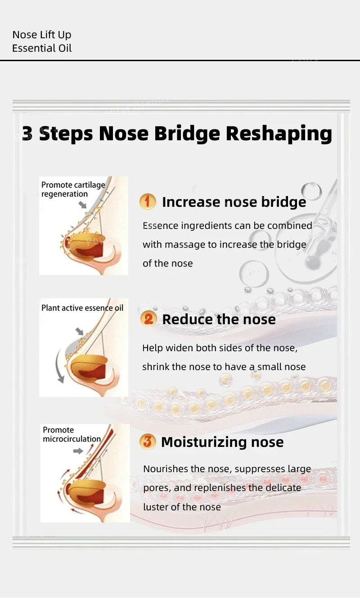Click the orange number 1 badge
click(x=148, y=201)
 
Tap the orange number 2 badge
click(x=148, y=319)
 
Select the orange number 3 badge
click(x=147, y=442)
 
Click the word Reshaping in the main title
click(x=279, y=134)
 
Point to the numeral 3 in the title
click(x=27, y=134)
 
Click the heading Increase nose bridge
click(x=234, y=202)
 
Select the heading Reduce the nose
click(x=219, y=319)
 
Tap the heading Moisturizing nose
click(x=222, y=442)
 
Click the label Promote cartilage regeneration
click(x=73, y=189)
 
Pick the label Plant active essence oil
click(x=82, y=308)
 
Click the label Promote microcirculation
click(x=72, y=434)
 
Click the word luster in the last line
click(x=157, y=507)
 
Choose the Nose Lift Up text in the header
click(x=41, y=35)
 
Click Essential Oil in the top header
click(x=42, y=48)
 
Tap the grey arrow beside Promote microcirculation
click(x=78, y=451)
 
